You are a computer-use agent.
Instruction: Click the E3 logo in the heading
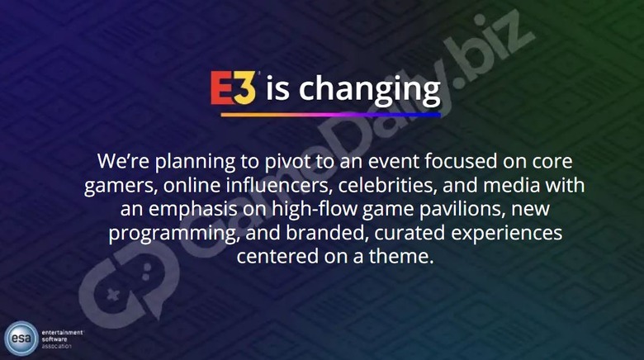(234, 88)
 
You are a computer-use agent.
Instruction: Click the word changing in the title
(369, 90)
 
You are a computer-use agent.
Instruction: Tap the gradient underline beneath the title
(330, 115)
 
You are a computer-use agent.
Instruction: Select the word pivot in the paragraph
(287, 162)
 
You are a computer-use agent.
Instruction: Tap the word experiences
(507, 234)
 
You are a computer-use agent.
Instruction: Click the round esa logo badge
(21, 339)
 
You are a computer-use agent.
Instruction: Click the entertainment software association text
(63, 339)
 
